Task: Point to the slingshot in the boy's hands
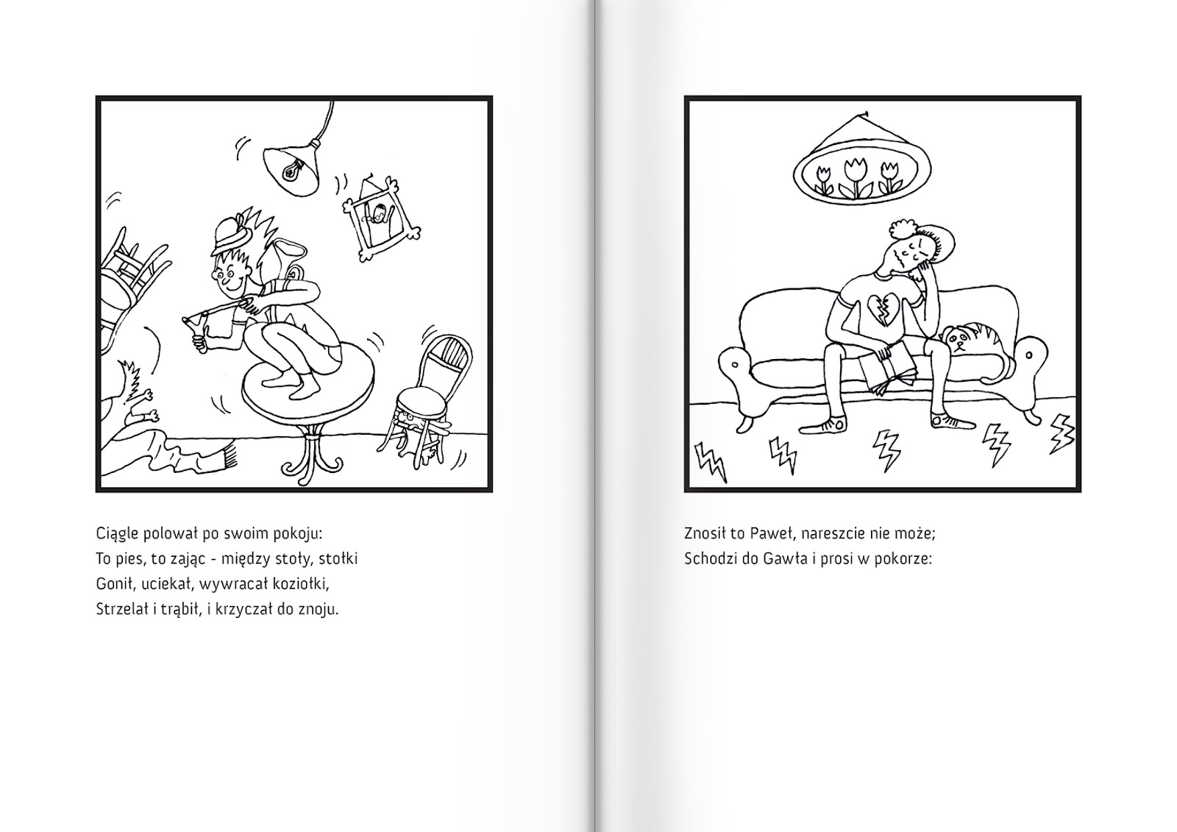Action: (197, 325)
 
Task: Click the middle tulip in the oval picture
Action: (855, 174)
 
